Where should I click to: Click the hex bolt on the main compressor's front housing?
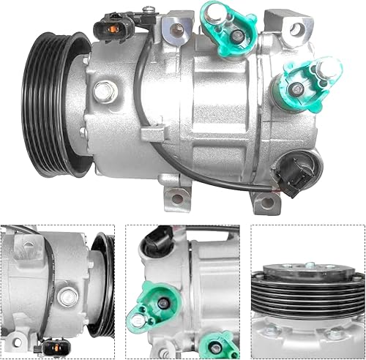coord(105,92)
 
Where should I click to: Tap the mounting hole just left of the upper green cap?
coord(178,30)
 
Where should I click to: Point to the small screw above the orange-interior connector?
coord(149,10)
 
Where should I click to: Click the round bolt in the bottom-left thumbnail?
coord(67,296)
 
